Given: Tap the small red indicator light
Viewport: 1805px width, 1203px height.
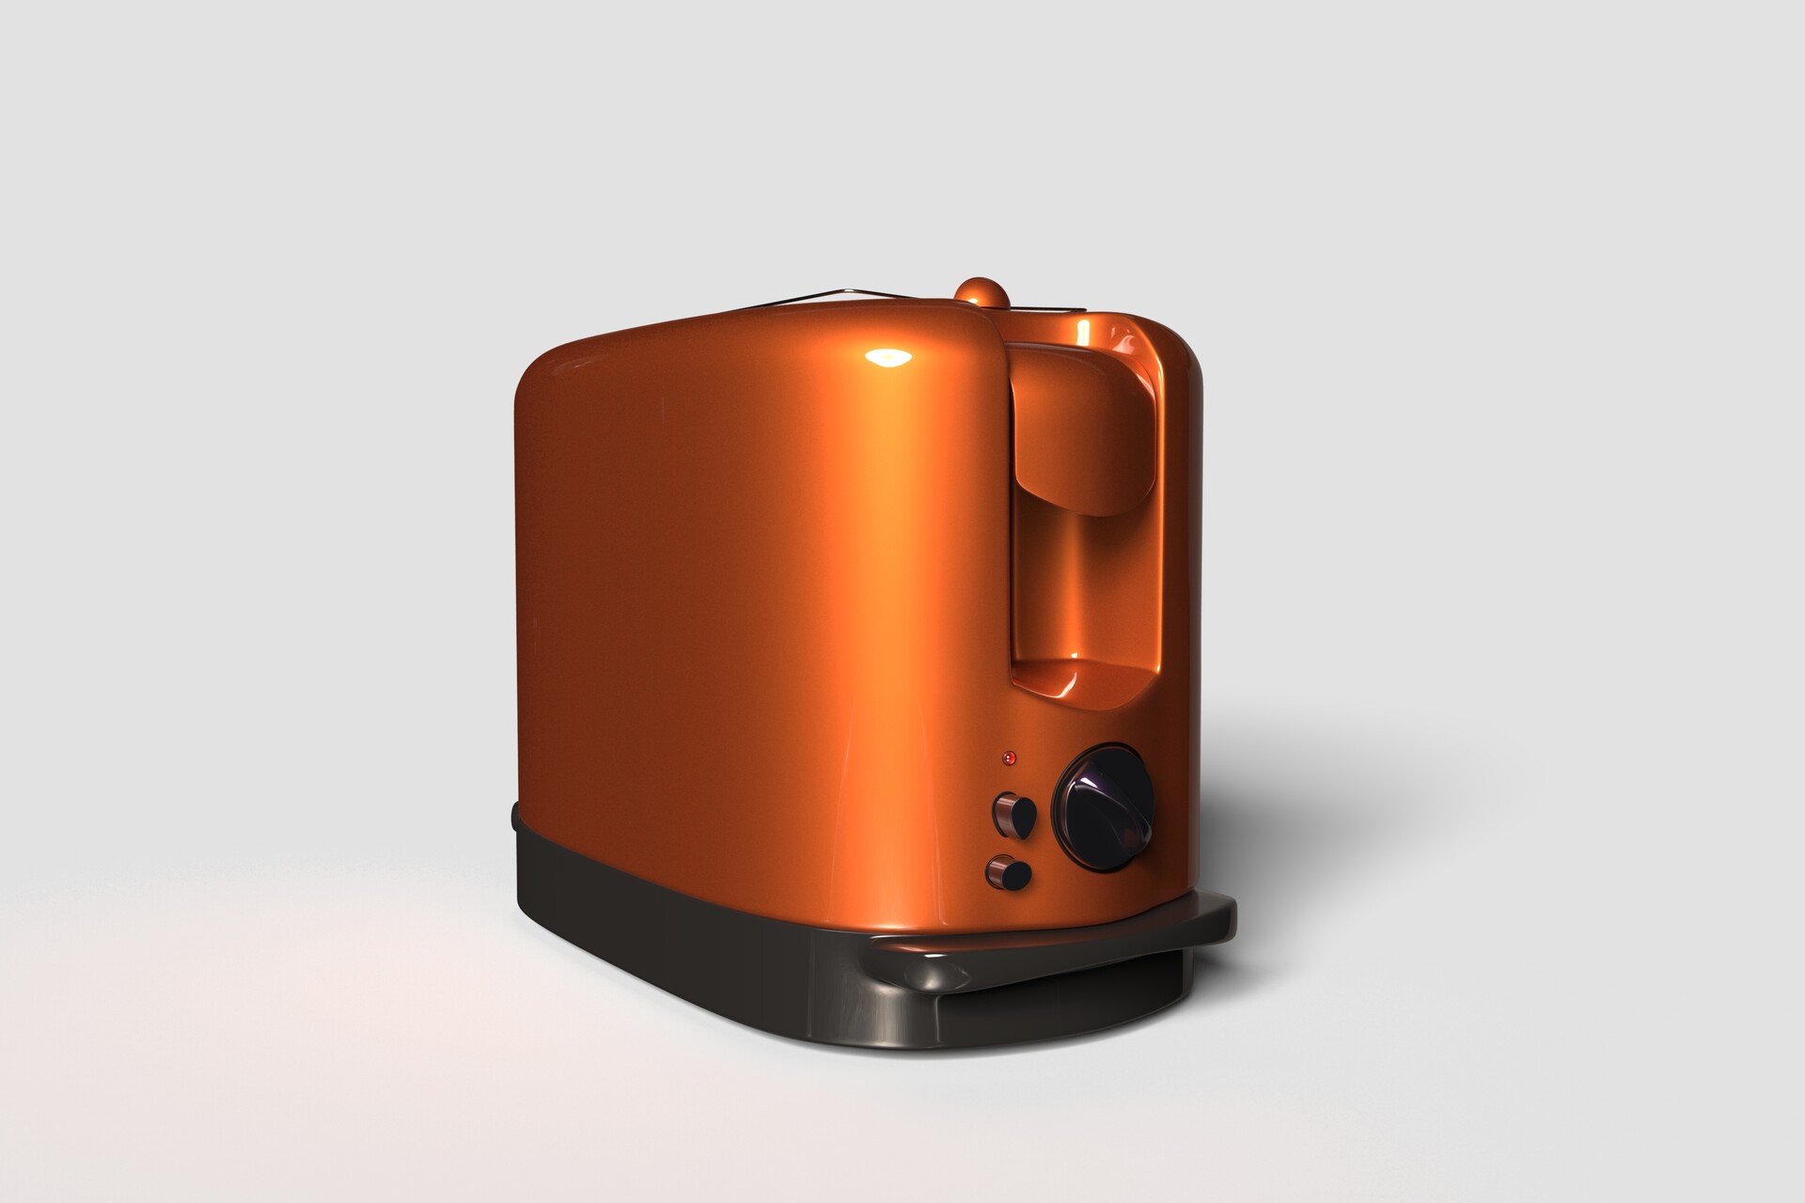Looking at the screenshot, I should (x=1009, y=757).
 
